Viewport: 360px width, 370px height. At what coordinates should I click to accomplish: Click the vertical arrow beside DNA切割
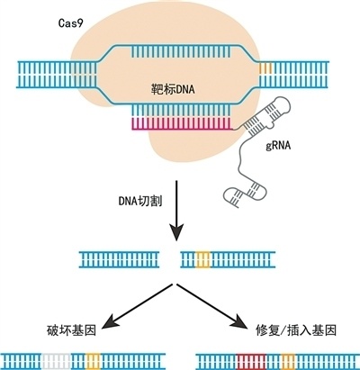coord(175,212)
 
